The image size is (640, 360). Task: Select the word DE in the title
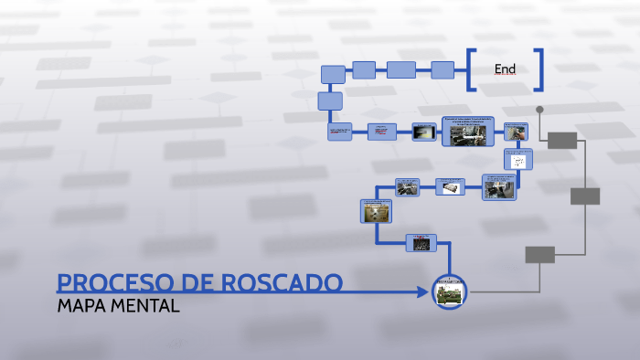[190, 283]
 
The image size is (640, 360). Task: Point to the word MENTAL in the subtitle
[146, 305]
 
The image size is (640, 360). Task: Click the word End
[505, 69]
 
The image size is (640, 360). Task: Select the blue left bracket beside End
[470, 69]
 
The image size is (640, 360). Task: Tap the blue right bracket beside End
[540, 69]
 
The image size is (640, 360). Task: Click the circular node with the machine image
[449, 291]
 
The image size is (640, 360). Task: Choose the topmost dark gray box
[563, 140]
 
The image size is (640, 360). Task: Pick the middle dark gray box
[585, 196]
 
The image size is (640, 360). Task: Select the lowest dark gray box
[539, 254]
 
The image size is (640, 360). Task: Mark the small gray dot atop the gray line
[539, 110]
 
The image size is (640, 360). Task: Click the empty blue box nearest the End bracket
[443, 69]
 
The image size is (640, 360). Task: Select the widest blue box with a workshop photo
[467, 132]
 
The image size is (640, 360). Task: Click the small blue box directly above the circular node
[421, 243]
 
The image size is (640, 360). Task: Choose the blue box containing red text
[382, 132]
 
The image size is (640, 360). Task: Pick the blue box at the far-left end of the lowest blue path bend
[375, 211]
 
